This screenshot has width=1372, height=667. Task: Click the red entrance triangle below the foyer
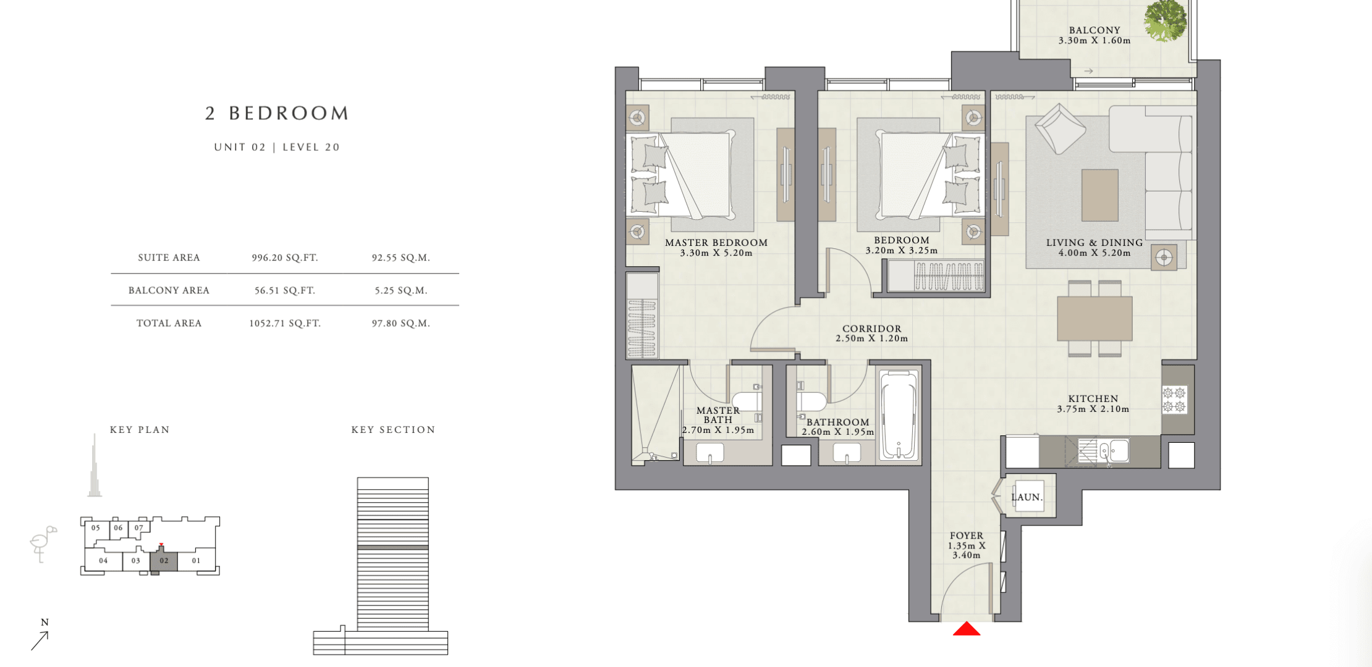[x=967, y=629]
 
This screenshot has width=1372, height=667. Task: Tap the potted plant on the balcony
[x=1165, y=21]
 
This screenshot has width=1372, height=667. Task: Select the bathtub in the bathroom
[x=899, y=415]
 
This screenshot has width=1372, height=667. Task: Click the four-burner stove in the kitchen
[x=1174, y=399]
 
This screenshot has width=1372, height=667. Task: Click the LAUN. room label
[x=1027, y=497]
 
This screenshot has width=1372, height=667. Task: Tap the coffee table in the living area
[x=1100, y=195]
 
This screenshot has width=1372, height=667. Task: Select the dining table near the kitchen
[x=1095, y=318]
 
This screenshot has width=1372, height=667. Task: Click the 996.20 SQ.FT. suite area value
[x=285, y=258]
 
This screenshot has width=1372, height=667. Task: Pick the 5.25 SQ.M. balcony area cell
[x=401, y=290]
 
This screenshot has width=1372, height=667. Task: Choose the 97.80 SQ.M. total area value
[x=401, y=323]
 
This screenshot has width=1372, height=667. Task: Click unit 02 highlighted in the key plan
[x=164, y=561]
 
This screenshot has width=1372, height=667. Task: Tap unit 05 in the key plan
[x=96, y=528]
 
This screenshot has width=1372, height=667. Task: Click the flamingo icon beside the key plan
[x=42, y=543]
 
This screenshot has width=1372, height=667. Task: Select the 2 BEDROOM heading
[x=277, y=113]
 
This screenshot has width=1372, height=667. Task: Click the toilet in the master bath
[x=748, y=400]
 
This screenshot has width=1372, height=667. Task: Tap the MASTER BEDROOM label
[x=716, y=243]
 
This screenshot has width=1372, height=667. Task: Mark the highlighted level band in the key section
[x=393, y=547]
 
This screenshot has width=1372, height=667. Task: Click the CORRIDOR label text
[x=872, y=329]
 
